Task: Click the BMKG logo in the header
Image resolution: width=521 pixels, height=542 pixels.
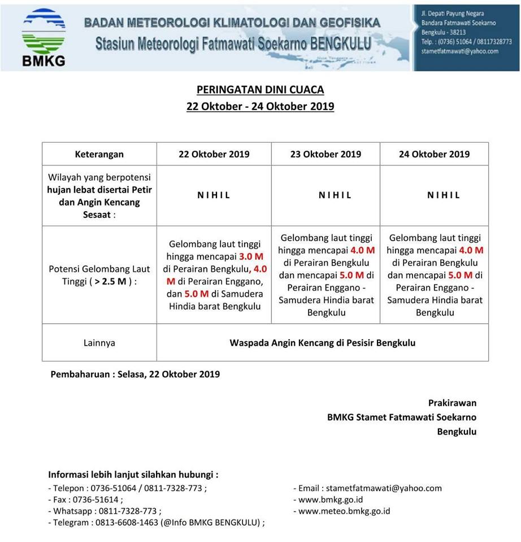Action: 43,37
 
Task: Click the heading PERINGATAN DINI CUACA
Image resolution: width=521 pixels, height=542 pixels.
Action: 260,90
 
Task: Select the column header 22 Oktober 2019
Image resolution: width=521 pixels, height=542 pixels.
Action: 214,154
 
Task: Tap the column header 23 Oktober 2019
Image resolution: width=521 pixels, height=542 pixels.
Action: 325,154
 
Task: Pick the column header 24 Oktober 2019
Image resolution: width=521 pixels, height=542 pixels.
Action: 434,154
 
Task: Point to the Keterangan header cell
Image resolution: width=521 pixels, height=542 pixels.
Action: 99,154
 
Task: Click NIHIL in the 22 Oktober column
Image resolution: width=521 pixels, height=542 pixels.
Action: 214,195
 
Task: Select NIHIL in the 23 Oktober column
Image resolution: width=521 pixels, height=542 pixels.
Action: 335,195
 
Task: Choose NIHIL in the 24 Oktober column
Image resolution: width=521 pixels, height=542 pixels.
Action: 444,195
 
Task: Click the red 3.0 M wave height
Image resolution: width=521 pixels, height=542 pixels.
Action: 251,256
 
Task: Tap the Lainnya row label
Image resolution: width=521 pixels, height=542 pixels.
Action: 99,343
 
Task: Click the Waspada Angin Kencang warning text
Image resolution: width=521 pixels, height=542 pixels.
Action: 322,343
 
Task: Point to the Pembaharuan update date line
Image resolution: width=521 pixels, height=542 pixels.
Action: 135,374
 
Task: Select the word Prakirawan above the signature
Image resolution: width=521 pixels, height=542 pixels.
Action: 452,403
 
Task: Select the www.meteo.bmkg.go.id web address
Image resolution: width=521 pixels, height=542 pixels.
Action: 344,511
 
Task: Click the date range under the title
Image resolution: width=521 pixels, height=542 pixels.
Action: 260,106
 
